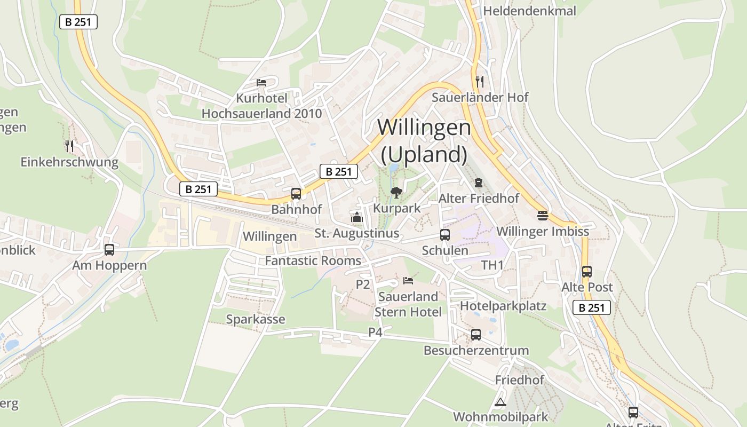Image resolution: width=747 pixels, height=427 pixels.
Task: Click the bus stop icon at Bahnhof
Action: tap(296, 194)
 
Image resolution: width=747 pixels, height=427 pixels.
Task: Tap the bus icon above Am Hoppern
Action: tap(109, 249)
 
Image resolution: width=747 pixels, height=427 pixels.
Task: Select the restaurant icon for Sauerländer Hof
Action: tap(480, 81)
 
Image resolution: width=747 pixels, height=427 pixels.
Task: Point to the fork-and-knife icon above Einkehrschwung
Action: tap(69, 146)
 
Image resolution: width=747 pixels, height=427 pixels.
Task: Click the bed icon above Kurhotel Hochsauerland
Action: tap(261, 82)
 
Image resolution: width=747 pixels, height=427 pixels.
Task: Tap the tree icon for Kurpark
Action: tap(396, 192)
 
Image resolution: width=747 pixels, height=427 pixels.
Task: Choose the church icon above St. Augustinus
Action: tap(356, 217)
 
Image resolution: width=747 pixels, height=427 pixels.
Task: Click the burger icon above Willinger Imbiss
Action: tap(543, 215)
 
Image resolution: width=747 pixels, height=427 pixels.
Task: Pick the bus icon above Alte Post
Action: tap(587, 271)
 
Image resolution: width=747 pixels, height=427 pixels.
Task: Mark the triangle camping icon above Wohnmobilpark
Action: tap(500, 402)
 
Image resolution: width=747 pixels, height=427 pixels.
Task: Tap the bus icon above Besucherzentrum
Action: tap(476, 335)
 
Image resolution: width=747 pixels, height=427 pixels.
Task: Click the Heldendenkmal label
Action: tap(529, 11)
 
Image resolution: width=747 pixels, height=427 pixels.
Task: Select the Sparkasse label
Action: tap(256, 319)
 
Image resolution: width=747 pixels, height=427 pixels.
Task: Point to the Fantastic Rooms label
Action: tap(313, 261)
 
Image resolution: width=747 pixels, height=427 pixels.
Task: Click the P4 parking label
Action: tap(376, 332)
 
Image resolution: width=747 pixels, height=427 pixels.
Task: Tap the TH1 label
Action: tap(492, 265)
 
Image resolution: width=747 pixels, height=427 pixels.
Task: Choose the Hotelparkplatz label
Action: tap(503, 306)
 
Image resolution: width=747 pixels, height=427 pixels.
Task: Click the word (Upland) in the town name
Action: tap(424, 155)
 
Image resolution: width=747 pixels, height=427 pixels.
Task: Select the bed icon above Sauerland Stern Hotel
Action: tap(408, 280)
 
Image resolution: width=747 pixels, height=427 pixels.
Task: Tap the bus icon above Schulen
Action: tap(444, 234)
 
